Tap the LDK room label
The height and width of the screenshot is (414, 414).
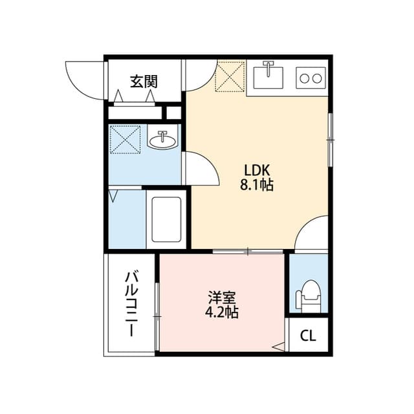point(259,170)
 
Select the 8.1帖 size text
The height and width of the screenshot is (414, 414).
point(259,186)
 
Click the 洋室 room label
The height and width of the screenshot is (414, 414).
point(221,298)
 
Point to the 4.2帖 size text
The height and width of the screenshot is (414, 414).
point(221,314)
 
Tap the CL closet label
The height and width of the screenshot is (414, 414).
point(308,336)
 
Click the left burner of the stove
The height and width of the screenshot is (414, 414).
point(303,78)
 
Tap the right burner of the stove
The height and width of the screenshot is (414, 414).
point(317,78)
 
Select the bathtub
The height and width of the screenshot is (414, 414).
point(166,219)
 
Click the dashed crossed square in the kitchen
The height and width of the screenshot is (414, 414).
point(230,76)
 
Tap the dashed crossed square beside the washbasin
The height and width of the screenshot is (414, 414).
point(125,139)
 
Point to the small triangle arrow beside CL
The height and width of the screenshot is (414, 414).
point(278,347)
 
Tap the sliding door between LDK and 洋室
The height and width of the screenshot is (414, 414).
point(248,251)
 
